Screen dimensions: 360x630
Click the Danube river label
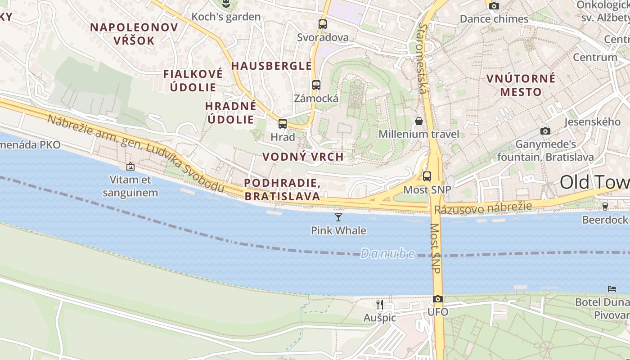(x=387, y=253)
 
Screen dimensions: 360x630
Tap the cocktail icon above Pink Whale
(x=338, y=217)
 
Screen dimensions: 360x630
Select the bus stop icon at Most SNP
(x=427, y=176)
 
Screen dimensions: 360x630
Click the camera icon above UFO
(x=437, y=299)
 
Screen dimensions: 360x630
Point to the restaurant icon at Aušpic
(x=380, y=305)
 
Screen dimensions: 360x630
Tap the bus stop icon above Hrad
(x=283, y=123)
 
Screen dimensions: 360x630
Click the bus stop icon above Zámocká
(x=316, y=85)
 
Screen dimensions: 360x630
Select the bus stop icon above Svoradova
(x=323, y=24)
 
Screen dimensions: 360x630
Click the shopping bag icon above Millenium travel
(x=419, y=121)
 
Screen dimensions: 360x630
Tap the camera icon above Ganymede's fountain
(x=545, y=131)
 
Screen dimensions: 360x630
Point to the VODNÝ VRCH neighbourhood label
(x=303, y=157)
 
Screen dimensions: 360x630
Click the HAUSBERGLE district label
(x=271, y=66)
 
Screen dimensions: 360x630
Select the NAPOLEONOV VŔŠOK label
(x=134, y=34)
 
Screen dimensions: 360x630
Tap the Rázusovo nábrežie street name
(x=483, y=208)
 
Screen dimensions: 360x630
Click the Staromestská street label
(x=422, y=58)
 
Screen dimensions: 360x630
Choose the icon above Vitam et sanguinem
(x=130, y=166)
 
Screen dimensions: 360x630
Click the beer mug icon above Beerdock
(x=605, y=206)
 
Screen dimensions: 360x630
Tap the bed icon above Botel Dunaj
(x=612, y=288)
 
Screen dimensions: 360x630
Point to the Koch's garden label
(x=226, y=17)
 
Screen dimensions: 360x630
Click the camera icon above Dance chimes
(x=494, y=6)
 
